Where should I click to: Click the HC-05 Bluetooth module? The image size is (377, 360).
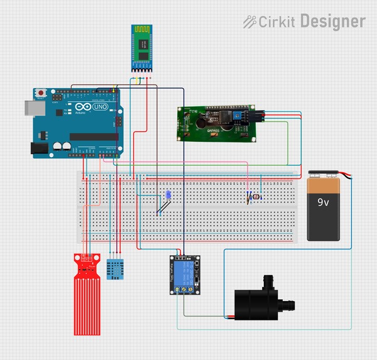(142, 48)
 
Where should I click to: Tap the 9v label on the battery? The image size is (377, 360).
(323, 202)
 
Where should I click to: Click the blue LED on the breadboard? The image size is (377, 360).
(167, 195)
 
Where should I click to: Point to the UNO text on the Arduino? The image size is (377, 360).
(99, 108)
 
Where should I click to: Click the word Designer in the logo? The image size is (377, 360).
(332, 21)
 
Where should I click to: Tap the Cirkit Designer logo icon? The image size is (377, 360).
(249, 21)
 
